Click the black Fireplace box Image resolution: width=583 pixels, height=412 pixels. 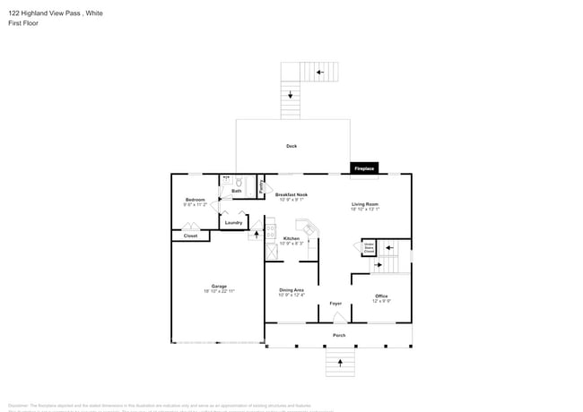[363, 168]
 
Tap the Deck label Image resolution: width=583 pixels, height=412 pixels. [291, 146]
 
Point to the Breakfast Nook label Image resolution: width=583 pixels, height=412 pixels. [291, 195]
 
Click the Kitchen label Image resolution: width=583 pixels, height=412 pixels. [291, 239]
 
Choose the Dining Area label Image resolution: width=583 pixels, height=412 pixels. [291, 291]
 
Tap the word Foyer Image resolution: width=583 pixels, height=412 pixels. [335, 304]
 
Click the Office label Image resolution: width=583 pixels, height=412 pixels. [381, 296]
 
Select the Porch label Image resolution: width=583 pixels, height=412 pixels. [339, 336]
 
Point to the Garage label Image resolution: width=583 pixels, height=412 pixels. [219, 288]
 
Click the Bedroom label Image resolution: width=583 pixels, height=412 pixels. [196, 201]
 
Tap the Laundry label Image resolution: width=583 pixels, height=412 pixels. [233, 223]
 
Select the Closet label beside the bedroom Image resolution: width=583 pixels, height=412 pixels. [190, 236]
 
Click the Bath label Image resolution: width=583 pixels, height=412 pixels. [237, 191]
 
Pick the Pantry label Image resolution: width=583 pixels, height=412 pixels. [260, 187]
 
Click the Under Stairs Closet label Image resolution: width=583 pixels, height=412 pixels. [369, 248]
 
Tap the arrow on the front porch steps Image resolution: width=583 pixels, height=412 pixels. [340, 362]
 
